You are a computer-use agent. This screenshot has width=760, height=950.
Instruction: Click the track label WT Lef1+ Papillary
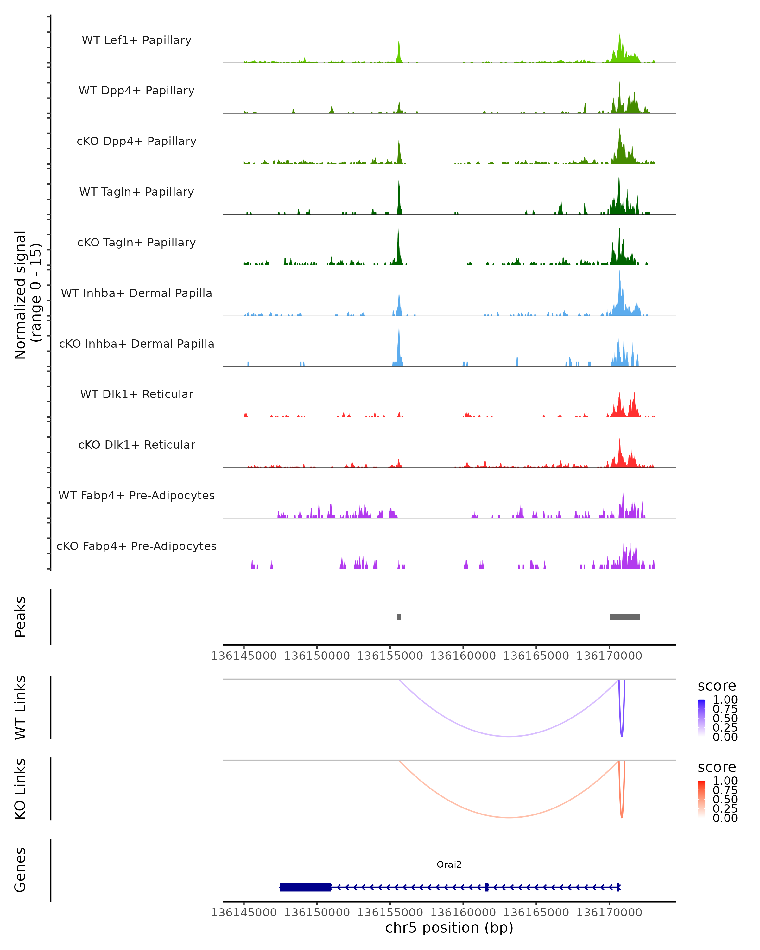pyautogui.click(x=136, y=40)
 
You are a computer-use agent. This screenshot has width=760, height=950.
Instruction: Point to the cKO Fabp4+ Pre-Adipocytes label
pyautogui.click(x=136, y=546)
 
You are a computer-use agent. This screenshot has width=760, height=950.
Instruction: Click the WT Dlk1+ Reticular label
pyautogui.click(x=136, y=394)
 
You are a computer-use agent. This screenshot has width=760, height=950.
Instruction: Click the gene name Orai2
pyautogui.click(x=449, y=864)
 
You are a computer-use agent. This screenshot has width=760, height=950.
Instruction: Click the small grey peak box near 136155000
pyautogui.click(x=399, y=617)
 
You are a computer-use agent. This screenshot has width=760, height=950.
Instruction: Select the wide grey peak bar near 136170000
pyautogui.click(x=624, y=617)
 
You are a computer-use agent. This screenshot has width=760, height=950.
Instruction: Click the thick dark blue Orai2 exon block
pyautogui.click(x=305, y=887)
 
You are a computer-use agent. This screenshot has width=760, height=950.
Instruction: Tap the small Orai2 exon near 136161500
pyautogui.click(x=486, y=887)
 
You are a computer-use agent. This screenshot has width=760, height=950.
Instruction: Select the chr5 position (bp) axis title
pyautogui.click(x=449, y=928)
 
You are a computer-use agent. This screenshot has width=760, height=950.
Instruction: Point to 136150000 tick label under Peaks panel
pyautogui.click(x=317, y=656)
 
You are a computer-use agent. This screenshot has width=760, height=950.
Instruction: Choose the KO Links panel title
pyautogui.click(x=20, y=789)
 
